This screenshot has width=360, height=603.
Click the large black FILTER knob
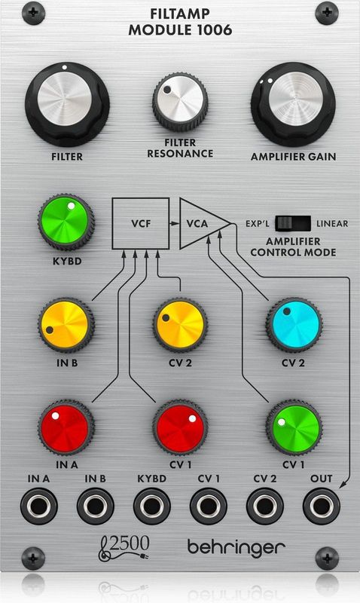pyautogui.click(x=67, y=104)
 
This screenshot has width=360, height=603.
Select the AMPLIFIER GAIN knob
pyautogui.click(x=293, y=104)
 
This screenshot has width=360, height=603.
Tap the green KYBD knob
pyautogui.click(x=66, y=222)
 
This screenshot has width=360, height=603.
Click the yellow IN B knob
pyautogui.click(x=66, y=325)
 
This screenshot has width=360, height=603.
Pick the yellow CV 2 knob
pyautogui.click(x=180, y=325)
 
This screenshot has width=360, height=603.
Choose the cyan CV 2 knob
pyautogui.click(x=294, y=325)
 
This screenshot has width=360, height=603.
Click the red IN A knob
pyautogui.click(x=66, y=427)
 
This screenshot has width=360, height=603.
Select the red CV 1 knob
pyautogui.click(x=180, y=427)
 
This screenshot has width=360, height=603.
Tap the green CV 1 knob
pyautogui.click(x=294, y=427)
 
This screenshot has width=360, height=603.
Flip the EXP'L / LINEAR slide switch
pyautogui.click(x=293, y=223)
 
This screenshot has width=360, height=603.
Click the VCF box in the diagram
pyautogui.click(x=141, y=223)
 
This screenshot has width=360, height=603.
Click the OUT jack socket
pyautogui.click(x=321, y=506)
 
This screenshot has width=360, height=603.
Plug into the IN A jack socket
pyautogui.click(x=39, y=506)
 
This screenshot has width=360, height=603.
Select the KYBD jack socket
pyautogui.click(x=152, y=506)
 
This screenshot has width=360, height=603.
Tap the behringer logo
pyautogui.click(x=236, y=548)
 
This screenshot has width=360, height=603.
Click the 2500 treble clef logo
pyautogui.click(x=124, y=548)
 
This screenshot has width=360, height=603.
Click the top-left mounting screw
pyautogui.click(x=33, y=13)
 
